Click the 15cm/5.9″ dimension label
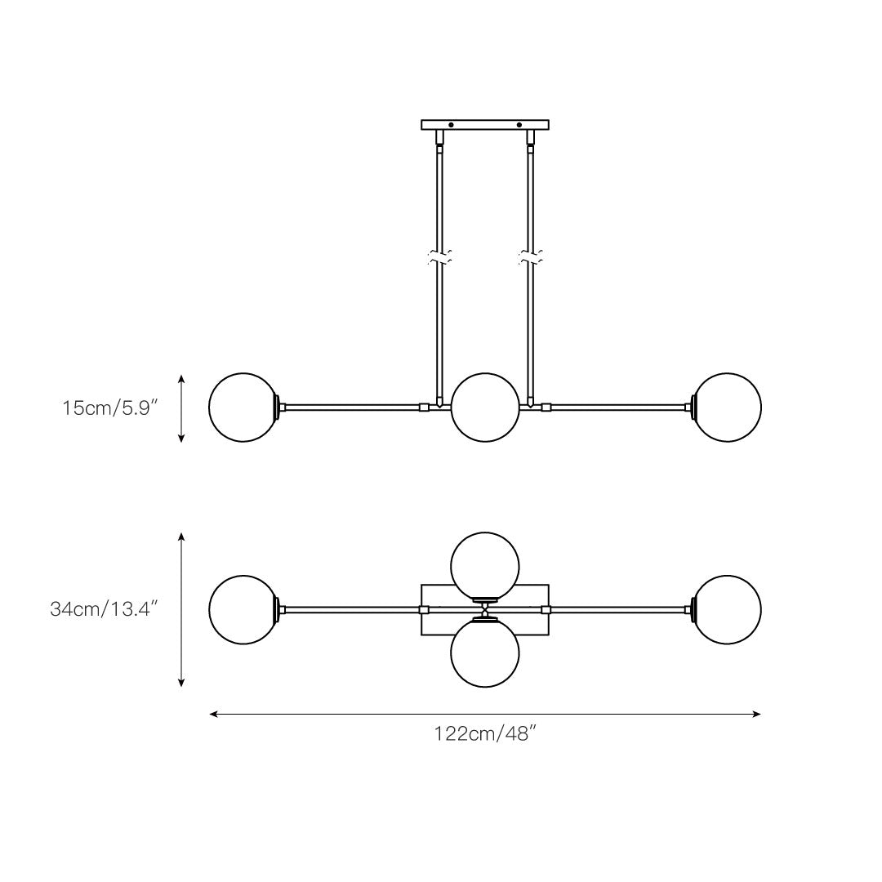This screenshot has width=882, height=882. click(106, 408)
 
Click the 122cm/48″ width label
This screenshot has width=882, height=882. click(482, 734)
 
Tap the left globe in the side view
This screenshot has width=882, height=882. click(243, 408)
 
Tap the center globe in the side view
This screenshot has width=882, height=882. click(485, 408)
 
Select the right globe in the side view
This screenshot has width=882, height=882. click(727, 408)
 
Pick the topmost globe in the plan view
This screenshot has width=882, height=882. click(485, 566)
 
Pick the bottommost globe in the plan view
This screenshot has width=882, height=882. click(485, 653)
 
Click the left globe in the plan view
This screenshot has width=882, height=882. click(243, 610)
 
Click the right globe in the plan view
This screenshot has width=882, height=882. click(727, 610)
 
